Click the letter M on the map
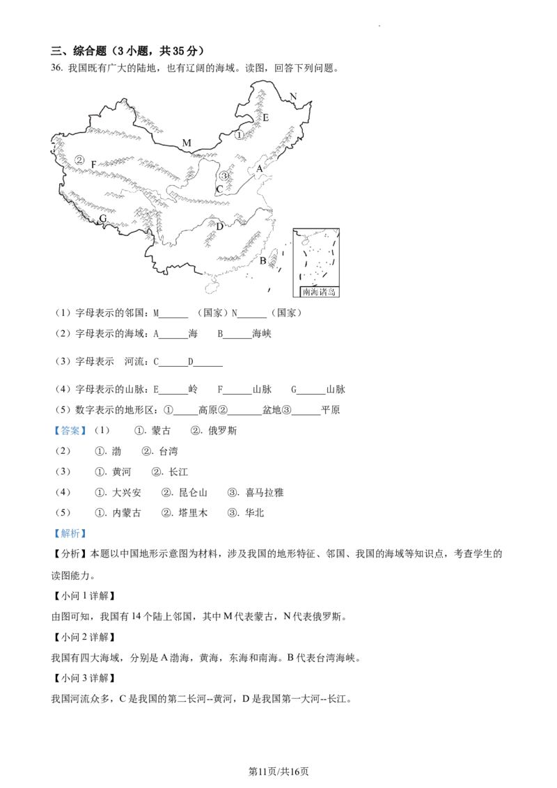[187, 143]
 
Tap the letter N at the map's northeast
[294, 97]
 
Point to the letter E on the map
[266, 118]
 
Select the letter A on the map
[260, 168]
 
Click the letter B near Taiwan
[262, 261]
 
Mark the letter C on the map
[219, 189]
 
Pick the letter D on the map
[220, 226]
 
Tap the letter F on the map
[93, 164]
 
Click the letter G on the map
[103, 219]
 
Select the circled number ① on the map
[240, 134]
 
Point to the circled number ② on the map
[79, 160]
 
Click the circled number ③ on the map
[224, 175]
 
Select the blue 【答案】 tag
[70, 431]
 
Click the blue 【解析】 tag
[70, 533]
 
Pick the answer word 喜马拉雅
[265, 493]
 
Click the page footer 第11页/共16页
[278, 771]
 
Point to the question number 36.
[57, 68]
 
